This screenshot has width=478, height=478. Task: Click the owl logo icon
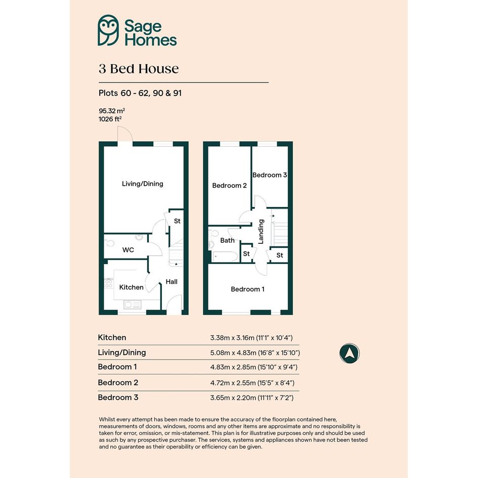click(108, 30)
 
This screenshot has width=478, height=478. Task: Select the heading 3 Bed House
click(139, 69)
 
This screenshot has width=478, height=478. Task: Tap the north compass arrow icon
click(350, 354)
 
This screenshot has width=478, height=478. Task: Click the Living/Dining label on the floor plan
click(142, 184)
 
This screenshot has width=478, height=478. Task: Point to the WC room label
click(128, 250)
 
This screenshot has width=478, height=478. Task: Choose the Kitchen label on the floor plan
click(131, 287)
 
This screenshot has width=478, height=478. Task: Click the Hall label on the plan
click(171, 282)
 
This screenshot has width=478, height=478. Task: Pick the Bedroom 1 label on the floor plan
click(247, 289)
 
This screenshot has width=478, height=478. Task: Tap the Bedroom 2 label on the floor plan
click(229, 185)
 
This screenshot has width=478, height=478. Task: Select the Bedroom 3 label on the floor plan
click(270, 175)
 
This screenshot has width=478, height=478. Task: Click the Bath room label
click(228, 241)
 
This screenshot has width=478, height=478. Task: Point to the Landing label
click(261, 232)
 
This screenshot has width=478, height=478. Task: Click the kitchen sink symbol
click(133, 304)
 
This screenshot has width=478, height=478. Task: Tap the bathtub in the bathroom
click(225, 256)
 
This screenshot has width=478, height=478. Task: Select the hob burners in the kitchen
click(109, 283)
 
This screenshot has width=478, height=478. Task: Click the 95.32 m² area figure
click(112, 111)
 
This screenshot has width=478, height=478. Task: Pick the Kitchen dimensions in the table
click(251, 338)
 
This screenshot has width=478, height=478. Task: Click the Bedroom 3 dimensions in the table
click(252, 398)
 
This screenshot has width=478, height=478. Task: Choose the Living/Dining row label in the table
click(122, 353)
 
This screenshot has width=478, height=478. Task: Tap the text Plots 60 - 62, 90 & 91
click(140, 93)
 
